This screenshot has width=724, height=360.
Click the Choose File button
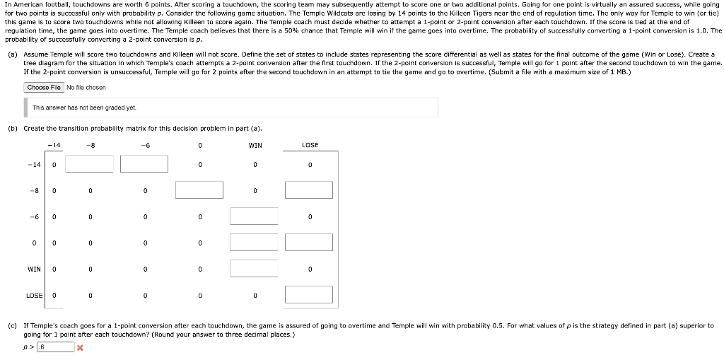44,87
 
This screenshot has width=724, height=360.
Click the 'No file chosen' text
86,87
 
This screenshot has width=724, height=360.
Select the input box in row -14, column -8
90,164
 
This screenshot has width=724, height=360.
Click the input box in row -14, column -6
144,164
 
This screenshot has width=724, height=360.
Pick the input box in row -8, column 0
199,190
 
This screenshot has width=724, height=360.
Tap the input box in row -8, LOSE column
309,190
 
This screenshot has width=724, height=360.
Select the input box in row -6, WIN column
254,216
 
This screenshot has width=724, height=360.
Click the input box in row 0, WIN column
254,243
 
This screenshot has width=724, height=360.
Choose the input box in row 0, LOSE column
309,243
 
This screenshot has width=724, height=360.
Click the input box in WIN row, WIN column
254,269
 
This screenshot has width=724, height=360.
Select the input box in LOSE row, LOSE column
309,295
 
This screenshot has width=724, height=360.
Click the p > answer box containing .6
56,347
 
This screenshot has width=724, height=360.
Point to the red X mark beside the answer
80,348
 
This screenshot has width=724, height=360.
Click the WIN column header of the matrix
255,146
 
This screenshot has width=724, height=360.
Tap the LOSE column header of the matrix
310,146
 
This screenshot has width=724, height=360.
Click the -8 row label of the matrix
33,190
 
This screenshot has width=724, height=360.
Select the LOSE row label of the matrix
34,295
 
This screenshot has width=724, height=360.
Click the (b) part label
13,128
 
